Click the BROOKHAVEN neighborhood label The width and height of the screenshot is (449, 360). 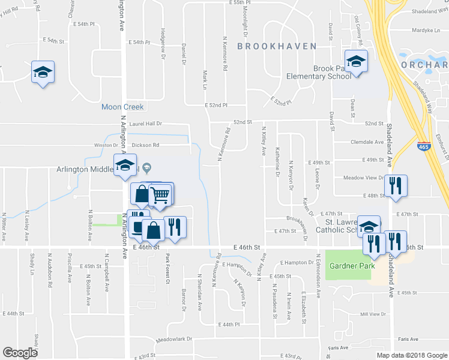(x=271, y=46)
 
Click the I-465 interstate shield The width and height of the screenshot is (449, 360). (x=423, y=145)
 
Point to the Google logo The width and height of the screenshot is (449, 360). (x=20, y=353)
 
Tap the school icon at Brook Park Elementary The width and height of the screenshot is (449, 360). (x=356, y=62)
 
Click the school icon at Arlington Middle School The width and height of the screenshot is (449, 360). (x=125, y=166)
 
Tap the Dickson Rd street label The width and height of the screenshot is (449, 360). (x=145, y=145)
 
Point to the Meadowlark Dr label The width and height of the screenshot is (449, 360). (x=173, y=339)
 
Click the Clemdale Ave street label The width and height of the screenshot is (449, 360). (x=367, y=142)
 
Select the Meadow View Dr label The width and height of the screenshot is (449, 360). (x=363, y=178)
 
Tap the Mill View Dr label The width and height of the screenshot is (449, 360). (x=372, y=314)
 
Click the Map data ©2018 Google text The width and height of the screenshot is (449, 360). (x=411, y=355)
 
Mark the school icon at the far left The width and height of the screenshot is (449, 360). (x=43, y=72)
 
